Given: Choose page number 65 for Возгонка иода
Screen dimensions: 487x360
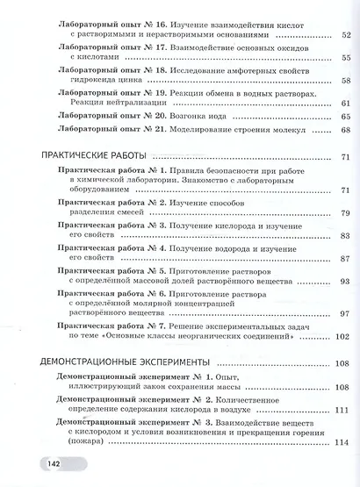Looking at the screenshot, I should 344,117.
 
